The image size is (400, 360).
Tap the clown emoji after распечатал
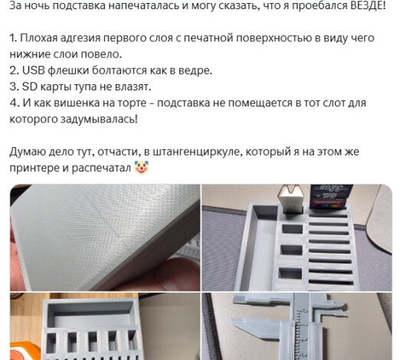coord(142,168)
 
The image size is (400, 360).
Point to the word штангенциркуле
coord(198,152)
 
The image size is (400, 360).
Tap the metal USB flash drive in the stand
coord(290,199)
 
